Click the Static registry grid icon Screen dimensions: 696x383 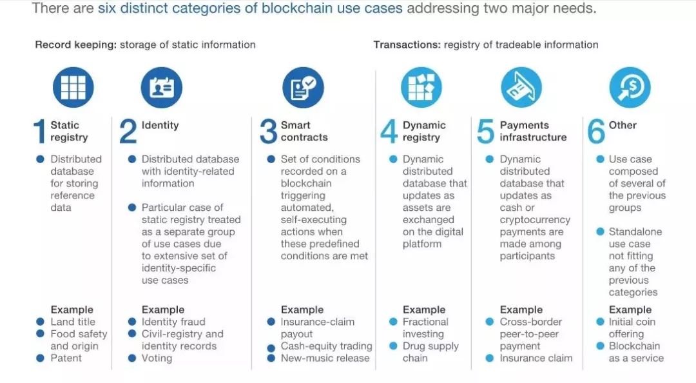click(73, 88)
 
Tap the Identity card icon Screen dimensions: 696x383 click(162, 88)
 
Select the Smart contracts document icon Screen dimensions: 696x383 click(303, 88)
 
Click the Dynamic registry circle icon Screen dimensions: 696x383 click(421, 88)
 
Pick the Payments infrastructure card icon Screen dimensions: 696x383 click(521, 88)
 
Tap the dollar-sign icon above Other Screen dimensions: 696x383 click(630, 88)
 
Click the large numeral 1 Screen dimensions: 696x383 click(40, 132)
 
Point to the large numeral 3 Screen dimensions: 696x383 click(269, 132)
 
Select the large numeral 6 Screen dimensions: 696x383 click(596, 132)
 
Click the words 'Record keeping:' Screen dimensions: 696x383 click(76, 45)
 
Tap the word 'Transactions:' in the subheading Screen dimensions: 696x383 click(407, 45)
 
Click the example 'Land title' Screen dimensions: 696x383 click(73, 322)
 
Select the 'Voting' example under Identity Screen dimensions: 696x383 click(157, 358)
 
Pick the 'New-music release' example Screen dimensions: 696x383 click(325, 358)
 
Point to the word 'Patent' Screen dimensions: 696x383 click(66, 358)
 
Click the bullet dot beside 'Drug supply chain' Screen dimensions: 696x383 click(393, 346)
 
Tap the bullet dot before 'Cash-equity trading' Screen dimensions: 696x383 click(271, 348)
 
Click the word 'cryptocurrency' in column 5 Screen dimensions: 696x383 click(535, 220)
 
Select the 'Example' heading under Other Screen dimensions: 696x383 click(630, 309)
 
